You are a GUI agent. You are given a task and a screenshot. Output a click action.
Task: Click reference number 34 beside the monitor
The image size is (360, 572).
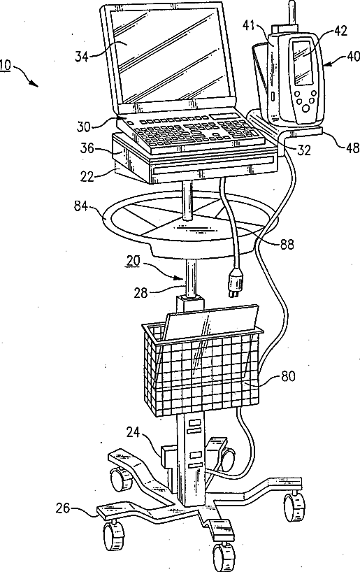click(82, 57)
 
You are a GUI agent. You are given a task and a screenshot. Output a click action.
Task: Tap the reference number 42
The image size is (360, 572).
click(340, 31)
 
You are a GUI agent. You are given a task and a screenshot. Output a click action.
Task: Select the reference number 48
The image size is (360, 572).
click(352, 148)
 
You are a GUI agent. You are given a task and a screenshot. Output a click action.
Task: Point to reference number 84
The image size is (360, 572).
click(81, 206)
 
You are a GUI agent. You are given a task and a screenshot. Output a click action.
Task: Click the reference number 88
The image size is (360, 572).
click(287, 245)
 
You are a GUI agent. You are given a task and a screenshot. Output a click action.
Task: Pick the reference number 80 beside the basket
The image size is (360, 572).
click(288, 376)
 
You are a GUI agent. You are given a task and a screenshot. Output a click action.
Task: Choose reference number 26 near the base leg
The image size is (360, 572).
click(63, 508)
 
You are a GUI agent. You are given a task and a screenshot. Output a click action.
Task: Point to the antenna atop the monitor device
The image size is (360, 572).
click(291, 13)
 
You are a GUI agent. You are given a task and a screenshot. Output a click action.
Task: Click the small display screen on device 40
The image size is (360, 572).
click(303, 62)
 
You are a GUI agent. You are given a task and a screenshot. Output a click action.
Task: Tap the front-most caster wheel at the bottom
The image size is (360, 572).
click(223, 558)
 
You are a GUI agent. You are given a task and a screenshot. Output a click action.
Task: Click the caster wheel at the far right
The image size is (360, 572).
click(295, 506)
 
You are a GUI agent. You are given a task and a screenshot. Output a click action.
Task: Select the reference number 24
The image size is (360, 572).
click(133, 433)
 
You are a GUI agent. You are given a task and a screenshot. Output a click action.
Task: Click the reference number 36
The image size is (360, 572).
click(87, 149)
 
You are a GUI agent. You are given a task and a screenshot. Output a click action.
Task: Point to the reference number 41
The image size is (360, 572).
click(250, 26)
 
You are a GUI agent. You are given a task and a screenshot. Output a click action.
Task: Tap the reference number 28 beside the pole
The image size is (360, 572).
click(141, 292)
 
